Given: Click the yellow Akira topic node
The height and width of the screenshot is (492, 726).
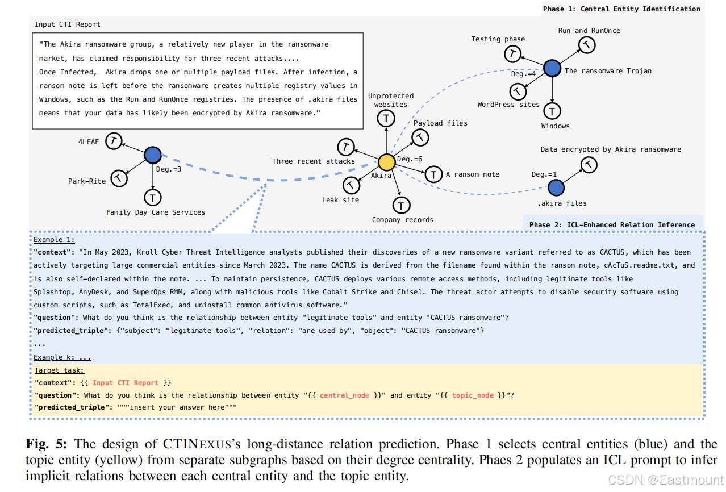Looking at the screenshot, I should pos(387,162).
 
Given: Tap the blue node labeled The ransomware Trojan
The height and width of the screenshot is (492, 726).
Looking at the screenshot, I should pos(552,69).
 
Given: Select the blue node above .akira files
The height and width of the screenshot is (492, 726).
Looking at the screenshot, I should pos(556,187).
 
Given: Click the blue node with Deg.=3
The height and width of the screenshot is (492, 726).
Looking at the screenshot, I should pos(152,155).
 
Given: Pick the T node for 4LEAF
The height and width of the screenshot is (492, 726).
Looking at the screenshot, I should pos(114,141).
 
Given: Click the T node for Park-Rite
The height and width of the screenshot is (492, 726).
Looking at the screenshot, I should pos(118,178).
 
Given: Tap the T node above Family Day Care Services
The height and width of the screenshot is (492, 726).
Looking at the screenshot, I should pos(153,197).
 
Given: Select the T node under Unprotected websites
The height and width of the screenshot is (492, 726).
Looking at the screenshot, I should pos(386,119).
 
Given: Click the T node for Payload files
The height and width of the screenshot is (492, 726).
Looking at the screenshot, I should pos(420,137).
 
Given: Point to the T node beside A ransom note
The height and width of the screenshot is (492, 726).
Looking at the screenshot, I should pos(433,174).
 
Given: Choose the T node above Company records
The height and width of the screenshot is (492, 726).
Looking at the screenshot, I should pos(401,205).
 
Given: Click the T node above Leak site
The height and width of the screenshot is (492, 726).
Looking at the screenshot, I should pos(352,185).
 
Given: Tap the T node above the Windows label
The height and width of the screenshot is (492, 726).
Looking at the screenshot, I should pos(552,110).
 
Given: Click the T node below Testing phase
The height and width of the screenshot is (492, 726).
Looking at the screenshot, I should pos(513,54).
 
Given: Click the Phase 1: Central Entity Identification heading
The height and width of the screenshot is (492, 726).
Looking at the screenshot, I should pos(621,9).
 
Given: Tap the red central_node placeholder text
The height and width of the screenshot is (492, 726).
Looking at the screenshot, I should pos(344,395).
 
